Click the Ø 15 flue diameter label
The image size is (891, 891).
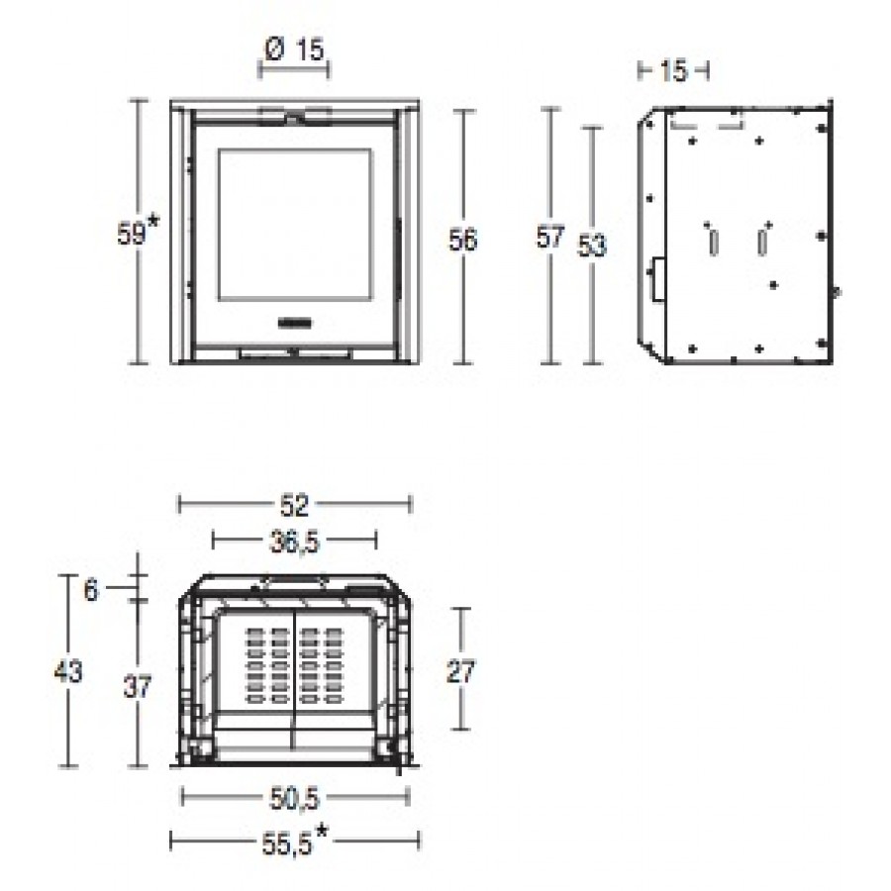(294, 50)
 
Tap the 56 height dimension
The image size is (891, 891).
(462, 240)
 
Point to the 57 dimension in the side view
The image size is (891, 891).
(550, 237)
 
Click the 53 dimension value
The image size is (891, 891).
(592, 246)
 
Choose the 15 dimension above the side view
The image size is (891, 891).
(673, 71)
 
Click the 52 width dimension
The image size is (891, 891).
(294, 505)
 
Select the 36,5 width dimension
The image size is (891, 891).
(294, 543)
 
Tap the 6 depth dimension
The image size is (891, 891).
(91, 591)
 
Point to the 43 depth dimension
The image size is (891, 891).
(68, 671)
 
